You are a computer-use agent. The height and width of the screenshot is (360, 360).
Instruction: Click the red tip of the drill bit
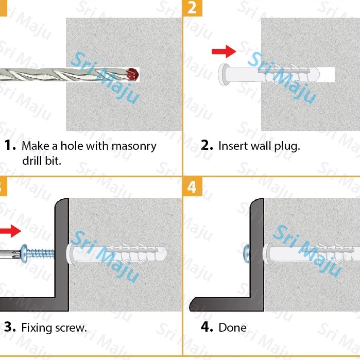tap(133, 74)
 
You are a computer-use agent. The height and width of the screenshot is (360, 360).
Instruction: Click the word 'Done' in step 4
tap(233, 328)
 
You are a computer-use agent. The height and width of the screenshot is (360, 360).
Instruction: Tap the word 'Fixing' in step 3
tap(36, 328)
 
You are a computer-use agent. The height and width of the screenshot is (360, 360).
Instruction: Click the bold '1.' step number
tap(10, 146)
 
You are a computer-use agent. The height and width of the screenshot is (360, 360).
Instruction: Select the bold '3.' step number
tap(10, 328)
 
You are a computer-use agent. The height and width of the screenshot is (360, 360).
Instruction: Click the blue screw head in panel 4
tap(246, 253)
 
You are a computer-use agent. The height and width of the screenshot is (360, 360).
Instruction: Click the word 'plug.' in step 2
tap(286, 146)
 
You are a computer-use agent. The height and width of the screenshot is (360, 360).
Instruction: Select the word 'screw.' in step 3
tap(71, 328)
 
